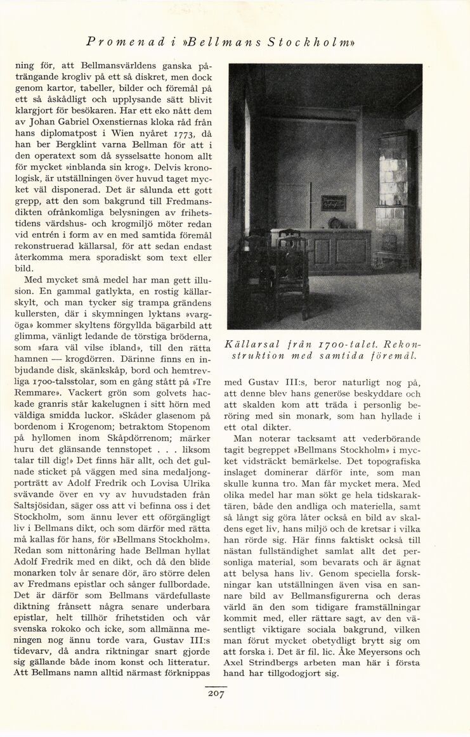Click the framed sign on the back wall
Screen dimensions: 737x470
click(x=334, y=203)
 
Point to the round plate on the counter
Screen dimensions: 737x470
click(x=335, y=223)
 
